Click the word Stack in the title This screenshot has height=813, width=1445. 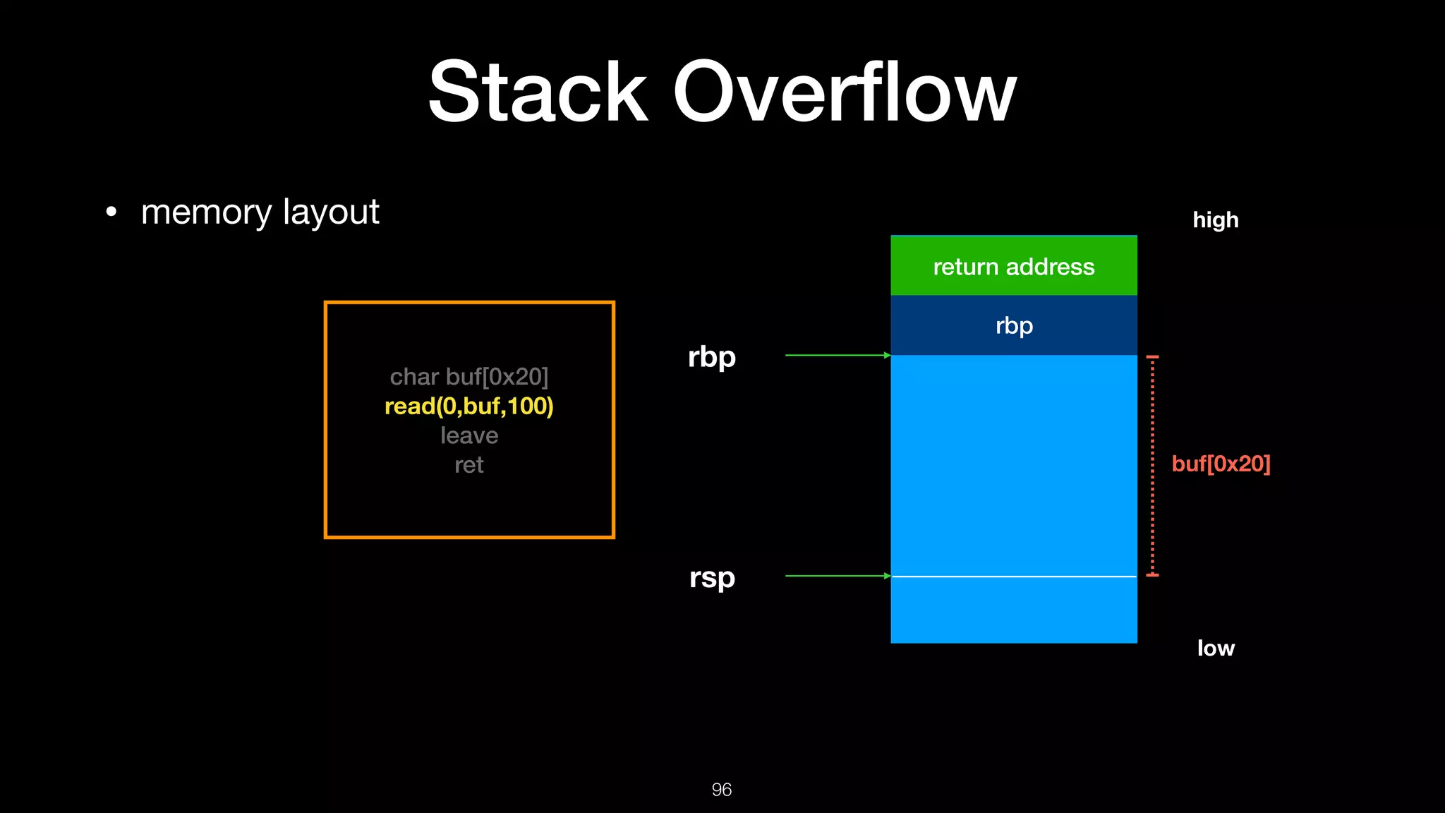(538, 92)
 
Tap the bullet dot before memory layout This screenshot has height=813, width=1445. (111, 212)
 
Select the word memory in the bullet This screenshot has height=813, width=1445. (206, 212)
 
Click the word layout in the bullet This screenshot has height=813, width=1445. (331, 212)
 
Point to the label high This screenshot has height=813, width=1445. (1215, 220)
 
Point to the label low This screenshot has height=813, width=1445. (1215, 648)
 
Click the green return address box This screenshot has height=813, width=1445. (1013, 266)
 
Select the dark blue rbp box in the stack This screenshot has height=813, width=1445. (1013, 325)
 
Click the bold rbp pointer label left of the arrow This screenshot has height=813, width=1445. (711, 356)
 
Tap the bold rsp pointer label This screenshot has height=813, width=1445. (711, 577)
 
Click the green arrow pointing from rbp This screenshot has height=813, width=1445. (837, 356)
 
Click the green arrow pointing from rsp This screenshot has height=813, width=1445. (837, 576)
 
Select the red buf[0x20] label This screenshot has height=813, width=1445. (1221, 464)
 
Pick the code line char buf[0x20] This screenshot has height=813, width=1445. (468, 377)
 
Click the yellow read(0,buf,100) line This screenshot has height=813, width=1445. (468, 406)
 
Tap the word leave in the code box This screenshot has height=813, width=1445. (468, 435)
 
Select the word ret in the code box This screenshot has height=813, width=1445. (468, 465)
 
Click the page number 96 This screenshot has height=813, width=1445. (721, 789)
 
